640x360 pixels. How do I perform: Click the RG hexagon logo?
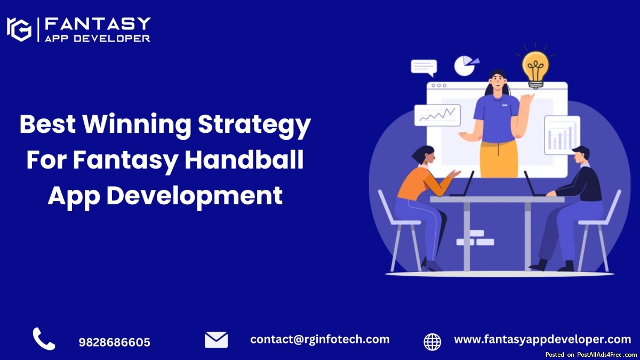click(x=19, y=29)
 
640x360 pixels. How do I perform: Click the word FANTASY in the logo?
click(x=98, y=23)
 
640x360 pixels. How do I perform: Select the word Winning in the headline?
click(x=137, y=125)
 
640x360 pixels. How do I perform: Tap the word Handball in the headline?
click(x=244, y=160)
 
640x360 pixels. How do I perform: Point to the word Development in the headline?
click(x=195, y=195)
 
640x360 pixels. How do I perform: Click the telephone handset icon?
click(x=44, y=339)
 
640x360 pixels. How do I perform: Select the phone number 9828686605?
click(x=114, y=342)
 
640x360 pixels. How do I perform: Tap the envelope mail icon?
click(x=217, y=340)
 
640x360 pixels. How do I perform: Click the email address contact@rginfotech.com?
click(x=319, y=339)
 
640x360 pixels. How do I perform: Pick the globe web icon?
click(x=433, y=342)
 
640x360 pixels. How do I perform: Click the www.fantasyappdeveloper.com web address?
click(x=542, y=340)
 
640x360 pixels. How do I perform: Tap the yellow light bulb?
click(x=535, y=69)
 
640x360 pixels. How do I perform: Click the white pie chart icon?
click(x=465, y=66)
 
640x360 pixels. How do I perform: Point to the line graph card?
click(x=437, y=115)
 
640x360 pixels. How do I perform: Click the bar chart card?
click(x=562, y=135)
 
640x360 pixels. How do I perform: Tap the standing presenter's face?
click(x=498, y=81)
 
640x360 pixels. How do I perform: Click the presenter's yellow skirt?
click(x=499, y=159)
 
